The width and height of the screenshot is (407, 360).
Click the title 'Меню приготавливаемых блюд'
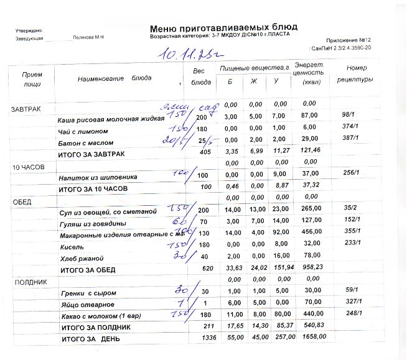coord(223,28)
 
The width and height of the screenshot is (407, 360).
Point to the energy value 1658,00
coord(312,336)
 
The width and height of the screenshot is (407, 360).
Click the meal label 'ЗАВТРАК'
coord(26,109)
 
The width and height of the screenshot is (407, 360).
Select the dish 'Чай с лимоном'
coord(83,131)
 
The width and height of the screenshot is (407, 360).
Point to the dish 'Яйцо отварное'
coord(87,304)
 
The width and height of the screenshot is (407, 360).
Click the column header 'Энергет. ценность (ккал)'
coord(308,73)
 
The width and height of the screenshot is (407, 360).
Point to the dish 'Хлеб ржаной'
coord(80,258)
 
